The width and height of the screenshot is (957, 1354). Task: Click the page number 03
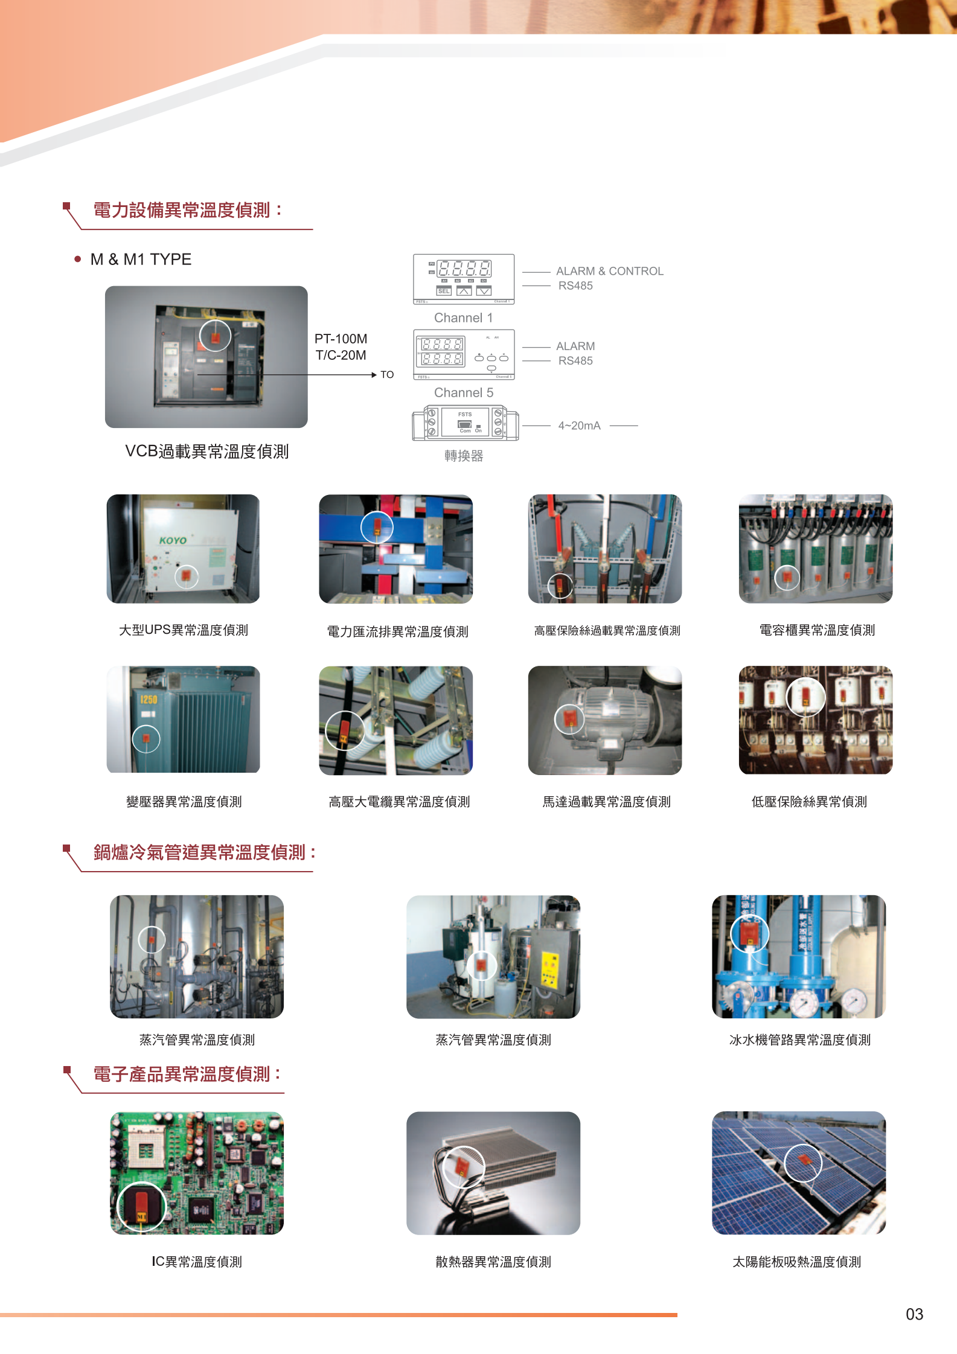click(914, 1314)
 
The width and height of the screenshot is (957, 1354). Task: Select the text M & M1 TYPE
click(141, 260)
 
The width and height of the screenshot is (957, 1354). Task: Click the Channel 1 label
click(463, 318)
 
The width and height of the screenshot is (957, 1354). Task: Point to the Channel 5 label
click(463, 392)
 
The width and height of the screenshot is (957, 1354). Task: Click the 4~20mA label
click(579, 426)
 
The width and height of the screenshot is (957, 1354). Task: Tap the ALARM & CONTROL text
click(609, 271)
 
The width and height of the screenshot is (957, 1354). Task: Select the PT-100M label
click(341, 339)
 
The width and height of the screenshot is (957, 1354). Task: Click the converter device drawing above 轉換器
click(465, 423)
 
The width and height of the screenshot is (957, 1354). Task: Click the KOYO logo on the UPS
click(173, 540)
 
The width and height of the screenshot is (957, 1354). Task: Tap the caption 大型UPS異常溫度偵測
click(184, 630)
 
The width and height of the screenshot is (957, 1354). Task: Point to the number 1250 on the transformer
click(149, 700)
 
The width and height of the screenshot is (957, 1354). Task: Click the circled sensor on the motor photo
click(569, 718)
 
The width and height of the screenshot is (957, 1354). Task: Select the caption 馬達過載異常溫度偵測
click(606, 802)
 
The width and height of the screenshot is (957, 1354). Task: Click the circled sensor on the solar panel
click(803, 1162)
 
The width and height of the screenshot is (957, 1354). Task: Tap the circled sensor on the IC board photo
click(141, 1206)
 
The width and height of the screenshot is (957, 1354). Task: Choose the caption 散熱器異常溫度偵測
click(493, 1262)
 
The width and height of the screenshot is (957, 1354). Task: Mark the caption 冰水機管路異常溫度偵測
click(799, 1039)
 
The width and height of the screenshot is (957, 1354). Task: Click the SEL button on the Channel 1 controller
click(444, 291)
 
